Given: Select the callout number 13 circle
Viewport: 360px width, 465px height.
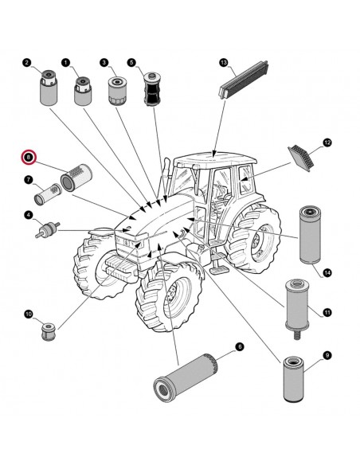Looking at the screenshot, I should pos(224,61).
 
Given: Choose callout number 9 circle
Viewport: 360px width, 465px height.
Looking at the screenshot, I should pos(327,354).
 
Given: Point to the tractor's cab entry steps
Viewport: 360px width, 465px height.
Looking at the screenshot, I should pos(217,260).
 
